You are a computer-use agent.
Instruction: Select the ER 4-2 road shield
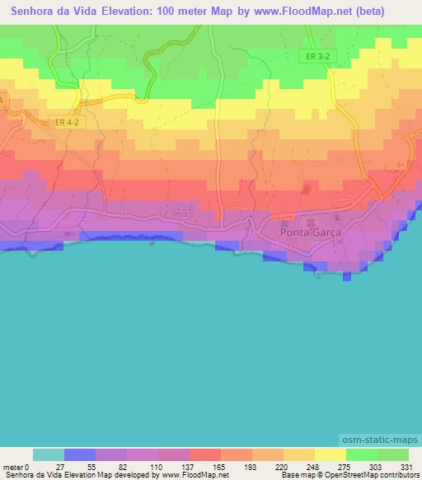[67, 122]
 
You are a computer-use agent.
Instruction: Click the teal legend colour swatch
[48, 454]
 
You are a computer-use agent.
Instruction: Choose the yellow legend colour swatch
[330, 454]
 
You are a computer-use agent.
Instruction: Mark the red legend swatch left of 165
[204, 454]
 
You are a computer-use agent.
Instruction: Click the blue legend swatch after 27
[79, 454]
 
